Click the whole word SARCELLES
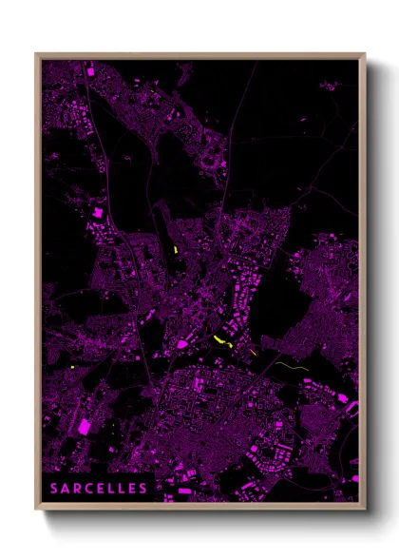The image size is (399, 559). (100, 489)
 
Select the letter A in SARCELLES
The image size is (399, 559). (66, 489)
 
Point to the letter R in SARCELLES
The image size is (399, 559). (78, 489)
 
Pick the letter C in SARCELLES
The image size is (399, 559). (88, 489)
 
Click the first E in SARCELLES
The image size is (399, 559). (100, 489)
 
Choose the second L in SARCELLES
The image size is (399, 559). (121, 489)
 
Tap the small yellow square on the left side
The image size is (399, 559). (73, 367)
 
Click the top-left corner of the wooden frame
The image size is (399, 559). (36, 54)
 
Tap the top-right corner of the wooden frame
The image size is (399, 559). (365, 54)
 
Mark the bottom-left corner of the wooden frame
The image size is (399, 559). (36, 511)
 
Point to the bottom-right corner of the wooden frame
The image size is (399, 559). (365, 511)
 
